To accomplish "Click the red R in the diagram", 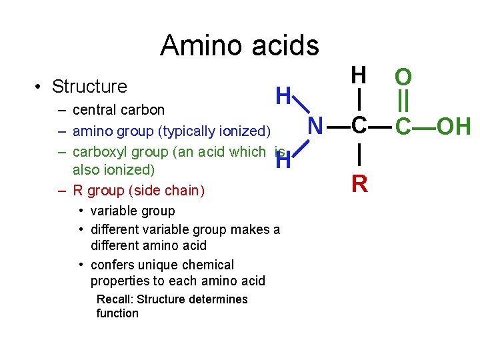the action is coord(359,183).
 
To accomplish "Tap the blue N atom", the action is coord(317,126).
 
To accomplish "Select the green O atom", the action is coord(403,77).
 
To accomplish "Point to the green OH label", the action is coord(453,126).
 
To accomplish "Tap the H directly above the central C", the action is coord(359,75).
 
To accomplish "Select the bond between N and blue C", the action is coord(338,126).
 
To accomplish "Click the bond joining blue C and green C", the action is coord(381,126).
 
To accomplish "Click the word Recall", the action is coord(115,299).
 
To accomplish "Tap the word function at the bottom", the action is coord(117,313).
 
